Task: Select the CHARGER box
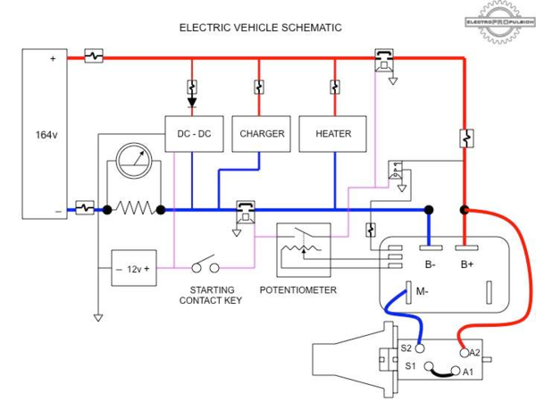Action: tap(262, 133)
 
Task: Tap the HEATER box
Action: tap(333, 133)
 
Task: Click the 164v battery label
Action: tap(45, 134)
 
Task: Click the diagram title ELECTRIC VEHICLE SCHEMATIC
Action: tap(260, 28)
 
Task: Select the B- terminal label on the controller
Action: tap(430, 264)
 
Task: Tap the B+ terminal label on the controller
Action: tap(467, 264)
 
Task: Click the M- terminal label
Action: tap(422, 290)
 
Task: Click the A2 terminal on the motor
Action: tap(464, 353)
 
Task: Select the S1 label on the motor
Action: tap(410, 366)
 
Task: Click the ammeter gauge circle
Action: tap(133, 163)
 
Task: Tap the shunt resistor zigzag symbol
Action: tap(134, 209)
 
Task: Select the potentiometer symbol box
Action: tap(304, 248)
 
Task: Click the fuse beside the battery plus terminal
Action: tap(94, 56)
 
